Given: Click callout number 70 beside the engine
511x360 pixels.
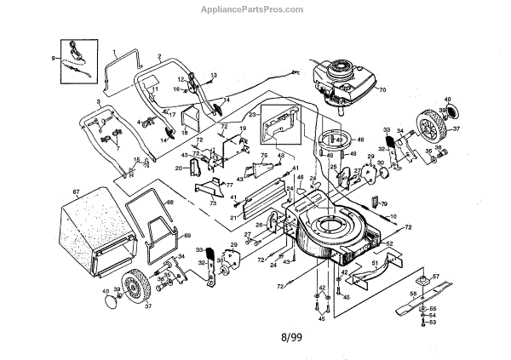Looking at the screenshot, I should point(382,89).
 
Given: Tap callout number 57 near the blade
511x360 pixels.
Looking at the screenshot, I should point(435,276).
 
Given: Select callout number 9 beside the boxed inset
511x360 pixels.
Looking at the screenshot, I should point(53,58).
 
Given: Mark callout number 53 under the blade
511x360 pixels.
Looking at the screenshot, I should point(432,323).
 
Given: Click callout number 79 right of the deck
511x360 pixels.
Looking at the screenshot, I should point(383,204).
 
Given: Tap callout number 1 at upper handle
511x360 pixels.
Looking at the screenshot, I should point(113,51).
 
